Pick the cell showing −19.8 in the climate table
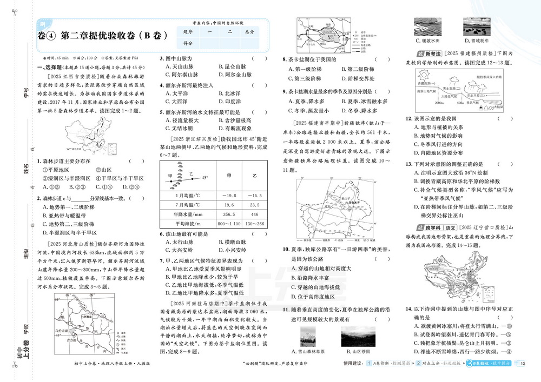tap(229, 195)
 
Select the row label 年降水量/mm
tap(188, 215)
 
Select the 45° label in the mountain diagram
tap(204, 177)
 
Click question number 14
tap(408, 308)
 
